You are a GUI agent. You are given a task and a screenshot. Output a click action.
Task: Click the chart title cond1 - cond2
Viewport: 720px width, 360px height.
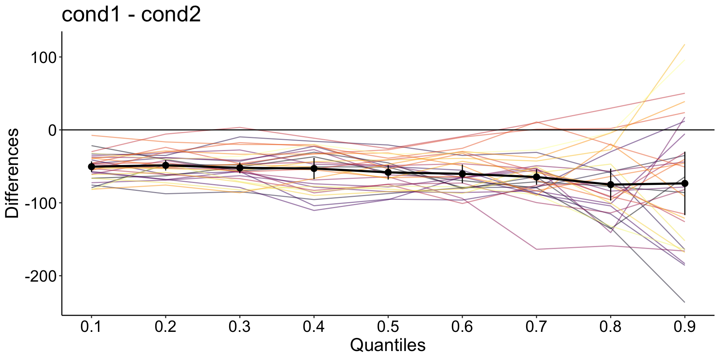click(131, 15)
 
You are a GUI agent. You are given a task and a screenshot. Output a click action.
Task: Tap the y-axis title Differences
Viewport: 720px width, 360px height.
click(12, 173)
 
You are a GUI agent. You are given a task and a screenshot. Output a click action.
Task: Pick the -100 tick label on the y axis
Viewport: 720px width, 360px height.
click(40, 203)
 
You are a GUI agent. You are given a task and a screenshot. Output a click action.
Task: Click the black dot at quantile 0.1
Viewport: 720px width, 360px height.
click(91, 166)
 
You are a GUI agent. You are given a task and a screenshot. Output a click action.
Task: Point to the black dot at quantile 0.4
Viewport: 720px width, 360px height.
click(314, 168)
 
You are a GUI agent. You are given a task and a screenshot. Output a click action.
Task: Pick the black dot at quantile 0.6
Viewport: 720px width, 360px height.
click(462, 174)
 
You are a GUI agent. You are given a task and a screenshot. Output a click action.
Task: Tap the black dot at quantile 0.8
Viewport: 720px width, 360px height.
click(610, 184)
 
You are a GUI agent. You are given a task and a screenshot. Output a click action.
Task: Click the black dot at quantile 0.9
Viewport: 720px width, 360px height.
click(685, 183)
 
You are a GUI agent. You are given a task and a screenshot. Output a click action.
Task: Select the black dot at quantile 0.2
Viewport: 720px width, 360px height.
click(165, 165)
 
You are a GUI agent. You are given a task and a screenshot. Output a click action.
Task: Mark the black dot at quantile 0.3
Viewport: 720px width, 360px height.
click(240, 168)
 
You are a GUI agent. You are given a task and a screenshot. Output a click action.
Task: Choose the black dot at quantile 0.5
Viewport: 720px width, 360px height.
click(388, 172)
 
